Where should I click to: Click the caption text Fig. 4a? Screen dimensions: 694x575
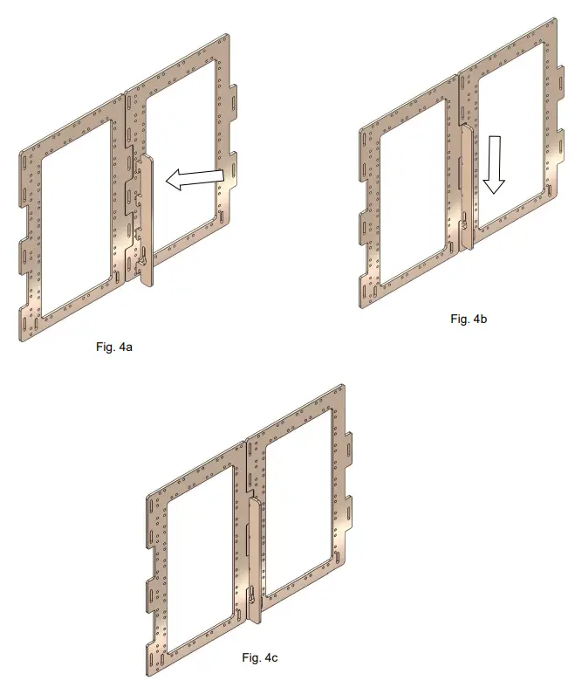113,347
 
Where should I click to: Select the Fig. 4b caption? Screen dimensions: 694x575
469,319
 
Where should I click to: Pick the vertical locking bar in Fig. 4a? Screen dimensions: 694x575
145,218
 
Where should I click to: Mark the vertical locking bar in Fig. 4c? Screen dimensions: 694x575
254,559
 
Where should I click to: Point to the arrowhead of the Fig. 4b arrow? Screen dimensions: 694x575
494,189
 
